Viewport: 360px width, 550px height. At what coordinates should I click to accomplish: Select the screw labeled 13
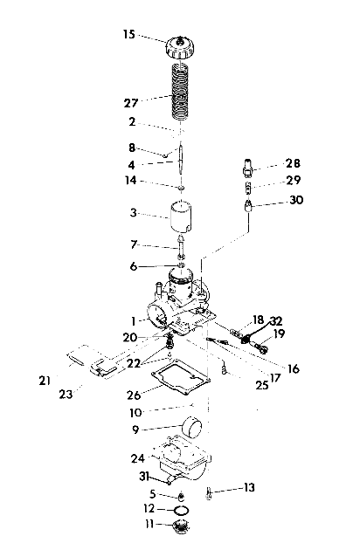point(211,492)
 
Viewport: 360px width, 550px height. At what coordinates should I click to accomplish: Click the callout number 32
point(276,320)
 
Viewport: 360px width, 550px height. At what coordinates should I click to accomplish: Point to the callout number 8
point(132,148)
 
